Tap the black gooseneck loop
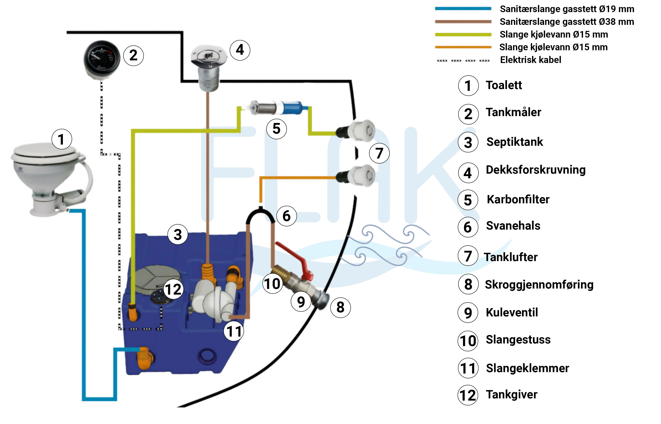[x=260, y=215]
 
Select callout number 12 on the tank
[x=173, y=289]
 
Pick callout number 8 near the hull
[x=340, y=307]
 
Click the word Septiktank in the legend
[x=515, y=142]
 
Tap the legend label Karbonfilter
[x=518, y=199]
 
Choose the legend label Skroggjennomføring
[x=539, y=284]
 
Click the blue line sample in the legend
[x=463, y=8]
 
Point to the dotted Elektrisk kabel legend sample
[x=463, y=60]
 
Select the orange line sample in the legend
[x=463, y=47]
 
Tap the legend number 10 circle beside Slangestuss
[x=468, y=341]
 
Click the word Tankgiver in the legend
[x=512, y=394]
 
